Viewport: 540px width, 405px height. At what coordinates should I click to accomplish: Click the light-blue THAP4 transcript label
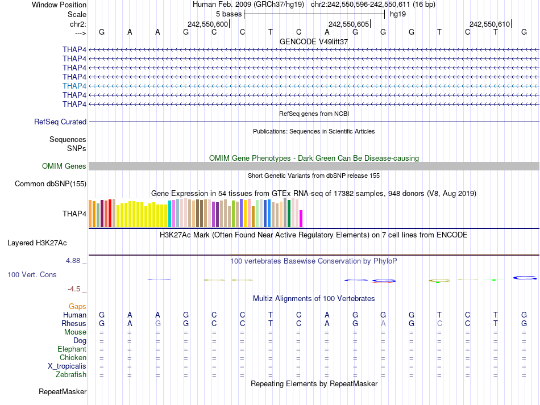coord(74,86)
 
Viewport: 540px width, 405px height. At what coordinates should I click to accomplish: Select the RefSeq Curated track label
coord(60,122)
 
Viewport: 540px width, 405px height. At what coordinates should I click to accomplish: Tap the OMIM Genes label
coord(64,166)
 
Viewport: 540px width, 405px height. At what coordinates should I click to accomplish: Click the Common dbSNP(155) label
coord(51,183)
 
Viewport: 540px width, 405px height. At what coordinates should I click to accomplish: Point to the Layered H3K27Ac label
coord(37,243)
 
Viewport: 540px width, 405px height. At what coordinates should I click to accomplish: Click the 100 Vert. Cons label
coord(32,274)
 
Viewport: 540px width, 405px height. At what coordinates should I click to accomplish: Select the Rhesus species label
coord(74,323)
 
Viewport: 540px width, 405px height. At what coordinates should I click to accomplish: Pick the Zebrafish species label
coord(71,374)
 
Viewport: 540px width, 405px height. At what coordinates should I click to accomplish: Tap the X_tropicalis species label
coord(67,366)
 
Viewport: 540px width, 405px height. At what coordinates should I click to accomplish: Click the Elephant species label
coord(72,349)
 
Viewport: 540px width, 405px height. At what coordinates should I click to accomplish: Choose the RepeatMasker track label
coord(63,391)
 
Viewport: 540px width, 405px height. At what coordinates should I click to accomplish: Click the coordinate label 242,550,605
coord(348,24)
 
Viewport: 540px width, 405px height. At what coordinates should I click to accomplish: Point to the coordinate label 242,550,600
coord(207,24)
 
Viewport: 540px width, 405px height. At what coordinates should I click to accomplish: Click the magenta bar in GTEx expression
coord(301,219)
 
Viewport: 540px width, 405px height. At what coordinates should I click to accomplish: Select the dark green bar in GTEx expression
coord(289,214)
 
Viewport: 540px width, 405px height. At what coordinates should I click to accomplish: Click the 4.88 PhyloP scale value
coord(74,261)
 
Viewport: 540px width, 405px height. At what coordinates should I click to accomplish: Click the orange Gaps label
coord(77,306)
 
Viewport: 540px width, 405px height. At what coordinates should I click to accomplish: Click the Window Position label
coord(59,5)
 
